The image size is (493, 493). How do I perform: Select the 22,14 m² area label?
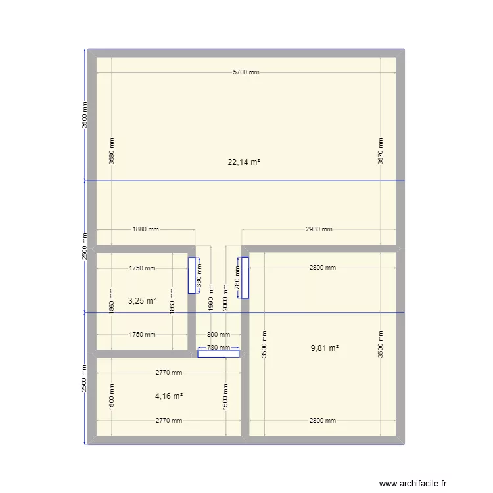click(x=244, y=162)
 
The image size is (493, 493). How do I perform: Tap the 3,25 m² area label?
click(x=142, y=300)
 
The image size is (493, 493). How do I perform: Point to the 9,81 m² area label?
click(x=324, y=348)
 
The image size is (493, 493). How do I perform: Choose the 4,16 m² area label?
click(x=169, y=396)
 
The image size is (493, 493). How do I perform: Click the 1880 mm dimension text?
click(x=145, y=229)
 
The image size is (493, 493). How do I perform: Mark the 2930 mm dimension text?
click(x=319, y=229)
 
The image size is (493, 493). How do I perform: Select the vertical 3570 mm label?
click(x=380, y=151)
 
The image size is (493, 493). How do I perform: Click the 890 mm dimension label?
click(x=218, y=335)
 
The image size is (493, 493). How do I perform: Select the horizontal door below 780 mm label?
click(x=218, y=354)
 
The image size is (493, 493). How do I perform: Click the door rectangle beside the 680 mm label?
click(x=192, y=275)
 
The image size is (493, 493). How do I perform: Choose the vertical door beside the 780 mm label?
click(x=245, y=277)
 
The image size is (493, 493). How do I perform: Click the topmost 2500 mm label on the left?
click(x=84, y=115)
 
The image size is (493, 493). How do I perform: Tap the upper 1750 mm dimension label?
click(x=142, y=268)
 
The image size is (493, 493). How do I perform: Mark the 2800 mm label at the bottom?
click(x=322, y=421)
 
